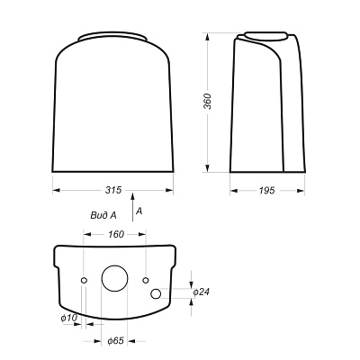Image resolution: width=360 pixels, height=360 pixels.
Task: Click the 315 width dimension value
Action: pyautogui.click(x=113, y=190)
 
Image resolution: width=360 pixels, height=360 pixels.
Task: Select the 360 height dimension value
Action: pyautogui.click(x=208, y=102)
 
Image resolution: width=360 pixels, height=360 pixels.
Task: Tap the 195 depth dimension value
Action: pyautogui.click(x=266, y=190)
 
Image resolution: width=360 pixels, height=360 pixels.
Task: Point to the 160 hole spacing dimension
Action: pyautogui.click(x=115, y=234)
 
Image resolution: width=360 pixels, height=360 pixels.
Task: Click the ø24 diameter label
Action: pyautogui.click(x=201, y=292)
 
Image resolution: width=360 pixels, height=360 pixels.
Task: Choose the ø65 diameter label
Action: pyautogui.click(x=115, y=341)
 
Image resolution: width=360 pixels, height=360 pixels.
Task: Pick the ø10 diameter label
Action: pyautogui.click(x=69, y=318)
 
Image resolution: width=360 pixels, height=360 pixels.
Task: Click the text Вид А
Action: pyautogui.click(x=103, y=215)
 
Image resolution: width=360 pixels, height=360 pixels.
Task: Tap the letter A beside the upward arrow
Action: pyautogui.click(x=139, y=211)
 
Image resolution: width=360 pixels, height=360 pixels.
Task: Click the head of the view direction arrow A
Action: pyautogui.click(x=132, y=196)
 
